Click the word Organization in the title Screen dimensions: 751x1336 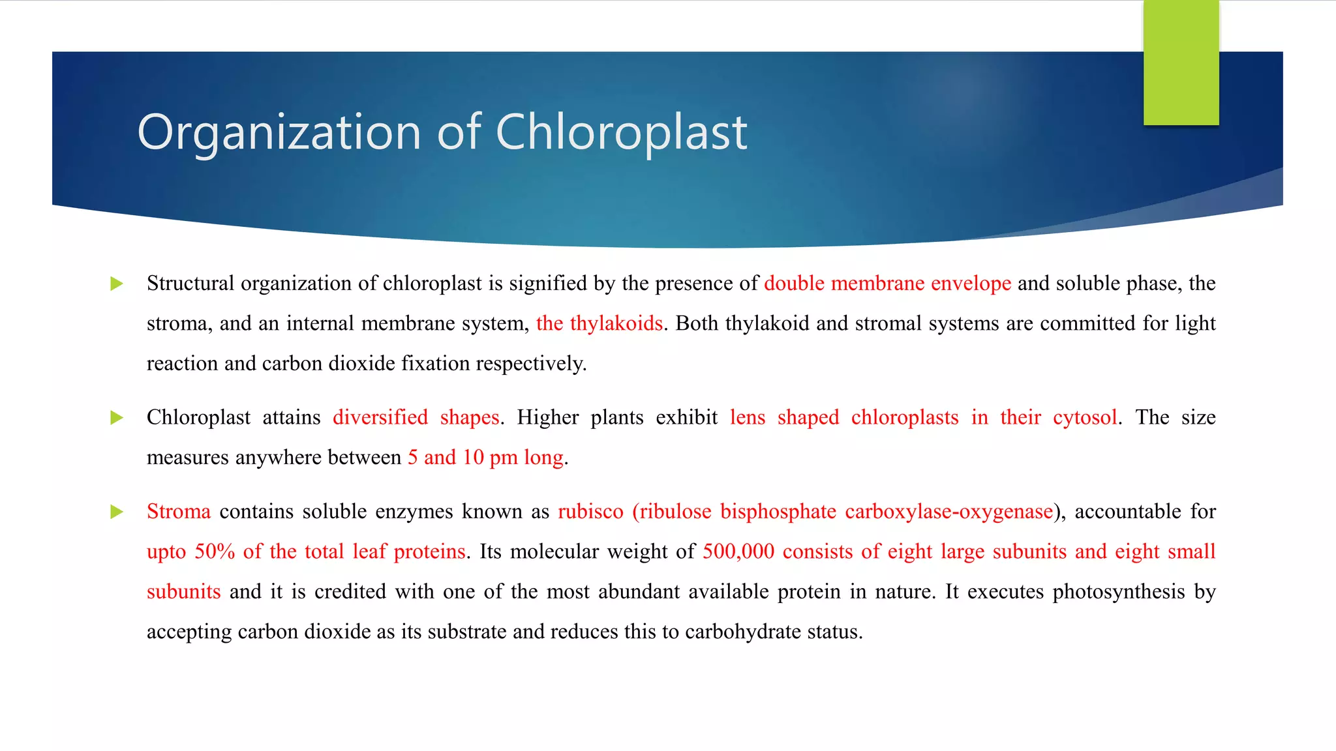pos(279,132)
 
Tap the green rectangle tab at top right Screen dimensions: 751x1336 pos(1181,63)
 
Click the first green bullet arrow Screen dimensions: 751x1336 pos(117,284)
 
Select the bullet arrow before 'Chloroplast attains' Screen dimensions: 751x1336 pos(117,418)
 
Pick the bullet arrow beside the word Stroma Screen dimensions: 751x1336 pos(117,512)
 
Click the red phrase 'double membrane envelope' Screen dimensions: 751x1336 pos(887,284)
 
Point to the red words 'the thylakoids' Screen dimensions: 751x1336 pos(599,323)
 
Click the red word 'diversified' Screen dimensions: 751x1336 pos(380,417)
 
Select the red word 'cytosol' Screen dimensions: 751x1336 pos(1084,417)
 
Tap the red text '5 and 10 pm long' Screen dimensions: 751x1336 pos(485,458)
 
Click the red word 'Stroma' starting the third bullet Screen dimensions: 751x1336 pos(179,512)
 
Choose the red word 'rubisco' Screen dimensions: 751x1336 pos(590,512)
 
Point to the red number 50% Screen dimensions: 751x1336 pos(215,552)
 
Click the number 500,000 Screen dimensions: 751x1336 pos(738,552)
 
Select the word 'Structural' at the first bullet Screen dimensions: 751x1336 pos(190,284)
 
